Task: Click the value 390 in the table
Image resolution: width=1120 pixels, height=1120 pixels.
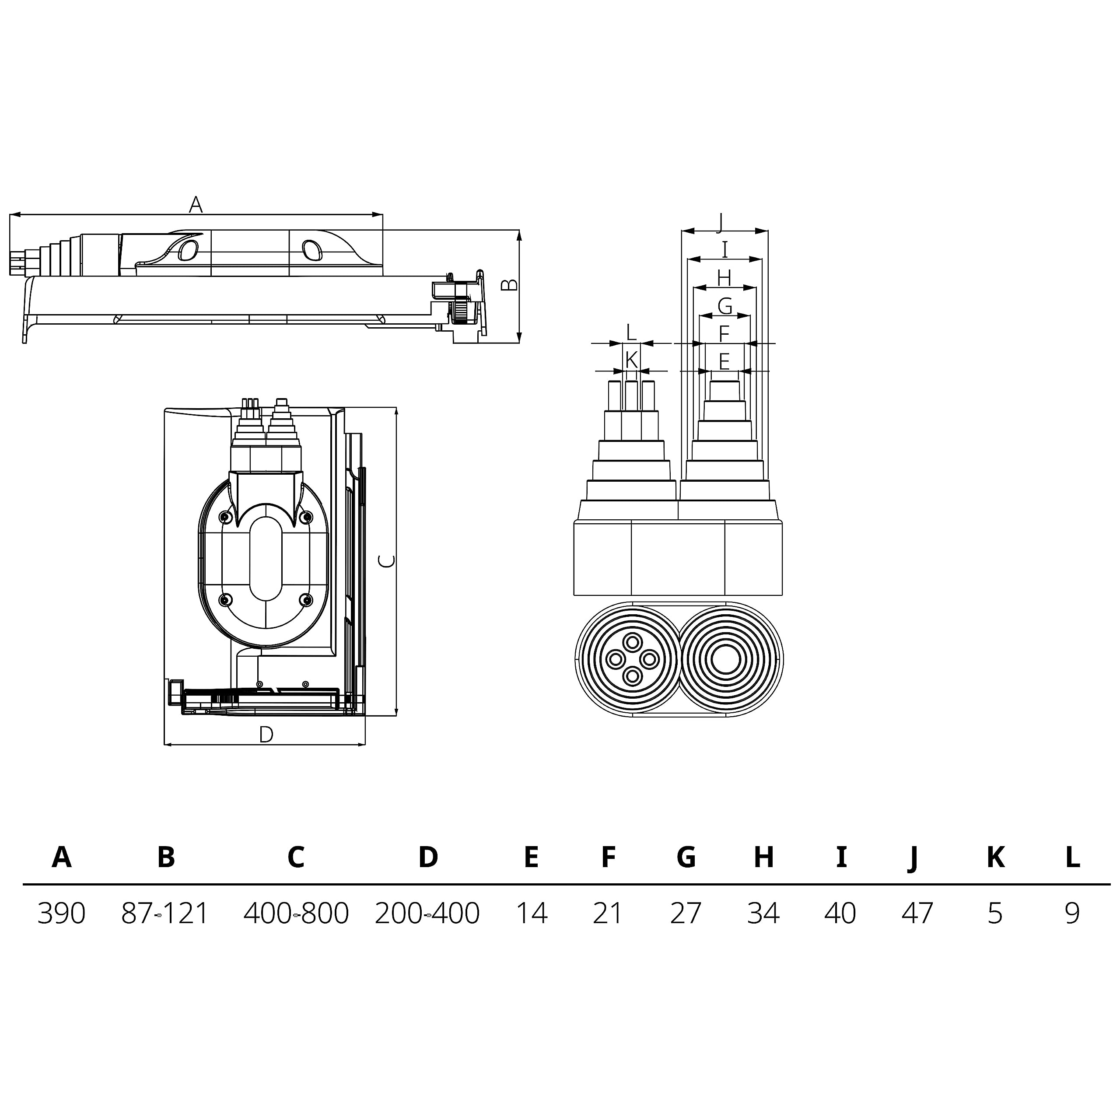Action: click(x=61, y=913)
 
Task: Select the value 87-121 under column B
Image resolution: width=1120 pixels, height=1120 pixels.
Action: click(x=164, y=913)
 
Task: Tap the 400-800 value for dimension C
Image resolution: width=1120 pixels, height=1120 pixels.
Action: click(x=296, y=913)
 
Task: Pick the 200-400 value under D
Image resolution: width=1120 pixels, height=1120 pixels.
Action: click(x=427, y=913)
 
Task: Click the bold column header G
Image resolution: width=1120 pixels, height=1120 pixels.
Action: click(x=686, y=856)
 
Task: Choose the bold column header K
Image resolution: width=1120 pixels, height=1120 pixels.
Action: click(x=995, y=856)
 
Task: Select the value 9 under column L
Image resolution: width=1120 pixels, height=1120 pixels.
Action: click(x=1072, y=913)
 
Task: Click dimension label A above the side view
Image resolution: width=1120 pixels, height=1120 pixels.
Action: click(x=196, y=204)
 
